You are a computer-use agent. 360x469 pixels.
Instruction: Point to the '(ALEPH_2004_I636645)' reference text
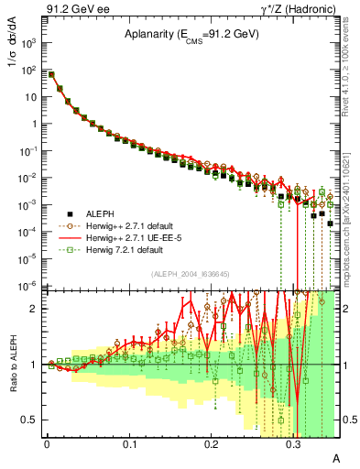(189, 273)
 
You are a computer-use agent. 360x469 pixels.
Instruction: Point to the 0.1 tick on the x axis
(128, 442)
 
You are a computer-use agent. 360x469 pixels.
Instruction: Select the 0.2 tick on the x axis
(211, 442)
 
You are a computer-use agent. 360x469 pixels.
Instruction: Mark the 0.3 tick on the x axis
(293, 442)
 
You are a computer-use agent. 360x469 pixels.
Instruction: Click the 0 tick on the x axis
(46, 442)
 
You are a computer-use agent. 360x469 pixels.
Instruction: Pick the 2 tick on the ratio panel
(35, 309)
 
